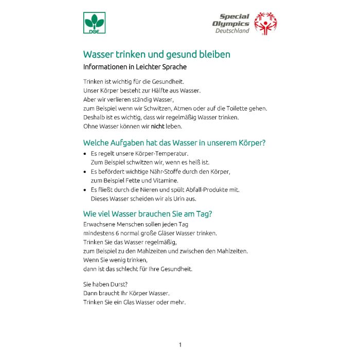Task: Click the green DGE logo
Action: (94, 23)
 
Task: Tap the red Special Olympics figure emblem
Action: (266, 24)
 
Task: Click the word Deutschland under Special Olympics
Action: (232, 31)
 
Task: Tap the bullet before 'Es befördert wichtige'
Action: (85, 172)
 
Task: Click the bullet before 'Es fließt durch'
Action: (85, 190)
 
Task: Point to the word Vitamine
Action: (165, 181)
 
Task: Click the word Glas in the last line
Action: (136, 302)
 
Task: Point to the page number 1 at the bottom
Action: (180, 345)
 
